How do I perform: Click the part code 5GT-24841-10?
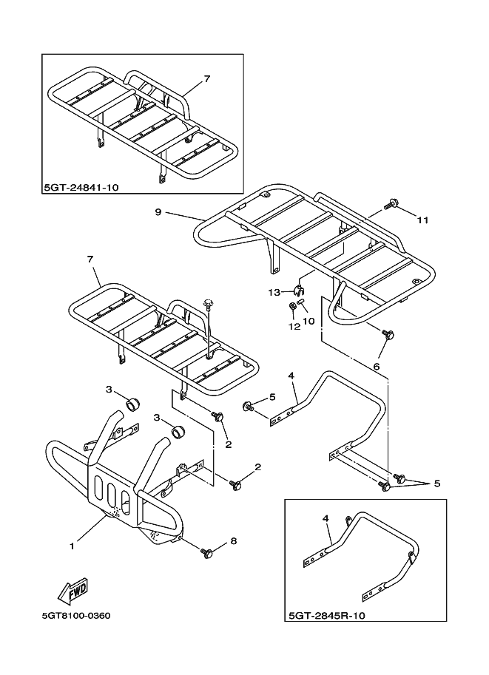tap(81, 188)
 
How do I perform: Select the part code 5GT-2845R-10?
tap(326, 615)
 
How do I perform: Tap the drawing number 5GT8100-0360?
tap(77, 615)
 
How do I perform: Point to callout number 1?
tap(72, 546)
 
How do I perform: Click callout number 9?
tap(158, 212)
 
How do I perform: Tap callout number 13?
tap(274, 293)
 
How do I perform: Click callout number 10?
tap(308, 321)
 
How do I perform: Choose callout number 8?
tap(233, 541)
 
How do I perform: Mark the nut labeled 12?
tap(293, 305)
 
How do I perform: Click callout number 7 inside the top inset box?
tap(206, 78)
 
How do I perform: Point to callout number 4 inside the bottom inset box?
tap(326, 519)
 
